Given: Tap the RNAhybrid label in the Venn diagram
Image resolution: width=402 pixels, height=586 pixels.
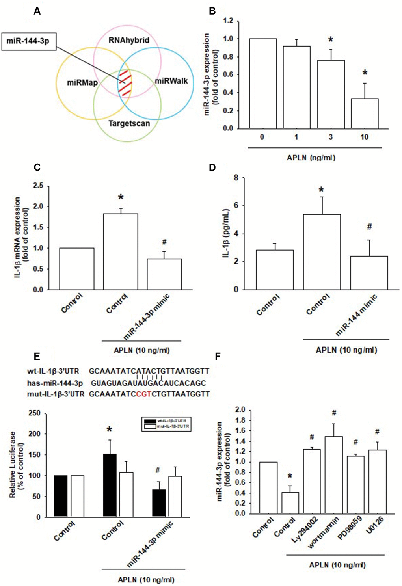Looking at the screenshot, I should [x=129, y=40].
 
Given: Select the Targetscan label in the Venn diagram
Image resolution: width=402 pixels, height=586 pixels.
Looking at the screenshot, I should [x=129, y=123].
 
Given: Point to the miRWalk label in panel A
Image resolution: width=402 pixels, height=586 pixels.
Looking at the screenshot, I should [x=171, y=82].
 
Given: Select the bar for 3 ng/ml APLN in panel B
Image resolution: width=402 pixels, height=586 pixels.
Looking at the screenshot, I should [x=331, y=95].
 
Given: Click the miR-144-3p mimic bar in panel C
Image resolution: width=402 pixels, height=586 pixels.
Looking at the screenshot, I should [x=164, y=274].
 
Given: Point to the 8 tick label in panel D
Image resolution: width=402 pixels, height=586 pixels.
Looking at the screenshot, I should [x=236, y=178].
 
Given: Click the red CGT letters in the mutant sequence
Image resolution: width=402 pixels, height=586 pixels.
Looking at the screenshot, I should [x=143, y=394].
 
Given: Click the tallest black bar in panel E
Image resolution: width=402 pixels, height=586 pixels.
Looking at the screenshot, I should [x=110, y=486].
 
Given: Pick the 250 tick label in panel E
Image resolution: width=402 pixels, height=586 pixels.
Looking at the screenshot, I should [x=35, y=413].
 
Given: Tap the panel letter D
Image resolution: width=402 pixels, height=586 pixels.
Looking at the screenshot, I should [x=212, y=167].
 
